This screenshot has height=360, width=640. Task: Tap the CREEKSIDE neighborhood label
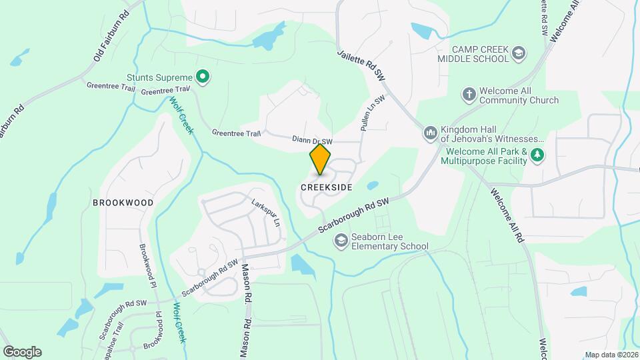[x=327, y=188]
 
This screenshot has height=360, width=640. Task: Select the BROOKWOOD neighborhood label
[x=123, y=203]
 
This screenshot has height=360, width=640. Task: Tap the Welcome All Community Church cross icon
[x=469, y=95]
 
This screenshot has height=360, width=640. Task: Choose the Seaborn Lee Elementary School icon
[x=341, y=241]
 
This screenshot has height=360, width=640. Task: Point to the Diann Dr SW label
[x=312, y=141]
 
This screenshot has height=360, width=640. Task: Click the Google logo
[x=22, y=351]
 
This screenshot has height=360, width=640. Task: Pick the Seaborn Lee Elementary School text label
[x=391, y=247]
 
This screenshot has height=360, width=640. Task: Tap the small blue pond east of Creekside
[x=373, y=185]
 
